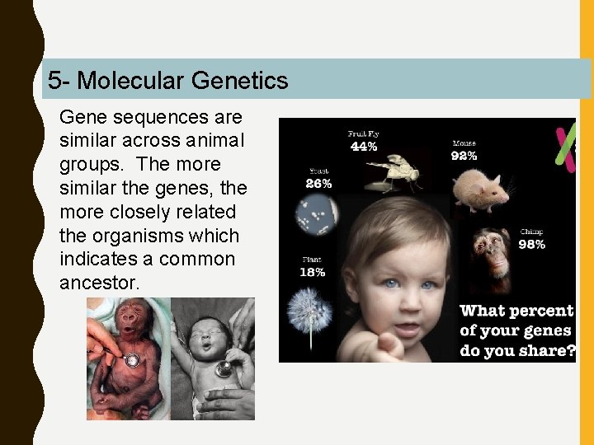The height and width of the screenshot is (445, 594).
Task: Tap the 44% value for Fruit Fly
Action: (x=364, y=147)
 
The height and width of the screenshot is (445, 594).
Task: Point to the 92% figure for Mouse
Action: (x=464, y=156)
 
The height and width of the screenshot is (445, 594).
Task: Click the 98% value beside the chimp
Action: (x=531, y=244)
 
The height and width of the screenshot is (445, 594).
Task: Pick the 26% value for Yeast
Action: (x=318, y=184)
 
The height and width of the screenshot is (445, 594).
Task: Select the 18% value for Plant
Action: (x=313, y=272)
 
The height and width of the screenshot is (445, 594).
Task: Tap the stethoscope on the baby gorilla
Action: (x=131, y=360)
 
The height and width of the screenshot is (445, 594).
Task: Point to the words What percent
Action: (x=516, y=311)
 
